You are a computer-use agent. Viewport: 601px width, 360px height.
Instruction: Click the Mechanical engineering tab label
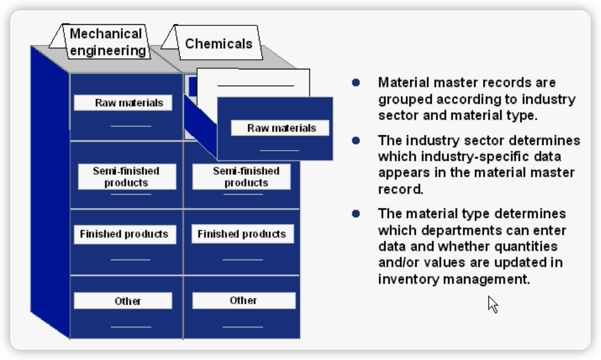point(107,42)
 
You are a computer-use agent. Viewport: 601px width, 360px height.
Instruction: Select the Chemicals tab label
point(219,43)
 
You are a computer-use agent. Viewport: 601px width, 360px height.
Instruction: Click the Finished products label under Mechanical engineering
point(124,234)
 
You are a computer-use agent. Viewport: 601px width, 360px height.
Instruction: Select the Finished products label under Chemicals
point(242,234)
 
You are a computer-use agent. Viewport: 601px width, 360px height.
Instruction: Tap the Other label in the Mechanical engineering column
point(128,301)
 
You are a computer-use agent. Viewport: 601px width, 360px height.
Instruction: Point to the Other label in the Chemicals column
point(243,300)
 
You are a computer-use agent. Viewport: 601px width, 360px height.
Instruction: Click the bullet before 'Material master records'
point(356,82)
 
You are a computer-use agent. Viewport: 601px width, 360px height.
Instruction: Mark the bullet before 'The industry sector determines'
point(356,140)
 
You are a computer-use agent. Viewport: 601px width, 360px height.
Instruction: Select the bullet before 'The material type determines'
point(356,214)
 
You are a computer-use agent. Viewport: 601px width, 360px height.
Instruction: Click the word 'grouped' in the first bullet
point(402,100)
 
